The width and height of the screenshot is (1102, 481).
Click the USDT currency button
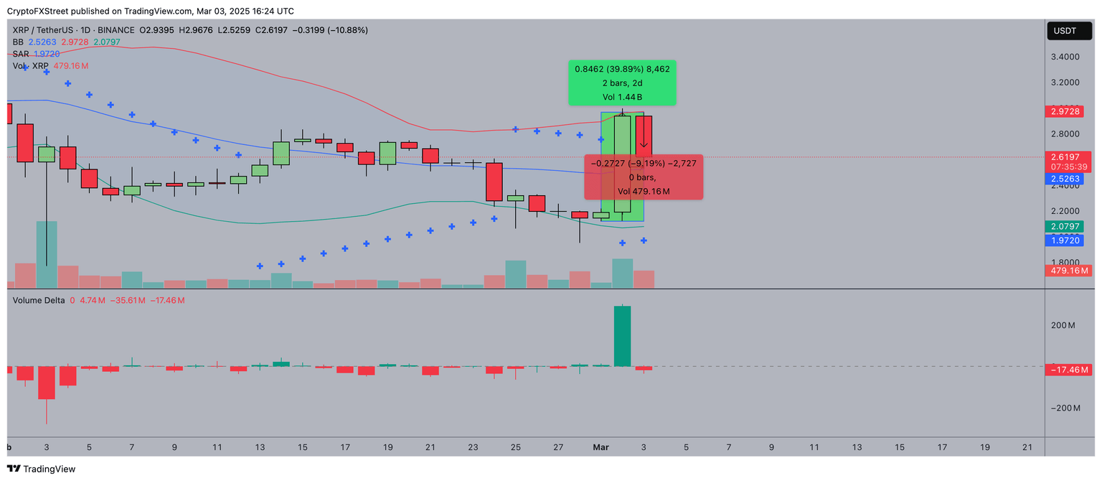1068,31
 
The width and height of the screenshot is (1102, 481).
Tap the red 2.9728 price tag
1071,111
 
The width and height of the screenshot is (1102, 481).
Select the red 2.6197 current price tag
1071,157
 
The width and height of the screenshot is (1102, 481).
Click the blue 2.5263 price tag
1071,177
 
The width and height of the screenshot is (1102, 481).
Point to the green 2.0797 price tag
1071,227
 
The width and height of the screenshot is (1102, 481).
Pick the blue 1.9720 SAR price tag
1071,240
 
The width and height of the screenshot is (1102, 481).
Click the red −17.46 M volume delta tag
1071,370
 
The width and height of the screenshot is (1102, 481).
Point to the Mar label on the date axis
601,447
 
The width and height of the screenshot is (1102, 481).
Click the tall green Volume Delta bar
622,336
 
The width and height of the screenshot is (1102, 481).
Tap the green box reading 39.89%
623,83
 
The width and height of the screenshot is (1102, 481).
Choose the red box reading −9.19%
644,177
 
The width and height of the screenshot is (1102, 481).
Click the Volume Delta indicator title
39,301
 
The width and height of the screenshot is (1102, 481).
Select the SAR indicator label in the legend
20,54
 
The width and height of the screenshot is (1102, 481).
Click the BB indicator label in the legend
19,42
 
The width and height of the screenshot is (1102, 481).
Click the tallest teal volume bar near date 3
47,254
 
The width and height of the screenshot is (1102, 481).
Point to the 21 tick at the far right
1027,447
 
